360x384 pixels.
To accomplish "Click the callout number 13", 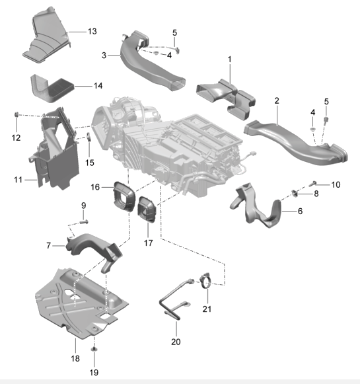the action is click(x=92, y=31).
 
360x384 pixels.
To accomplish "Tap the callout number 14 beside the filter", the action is click(x=98, y=86).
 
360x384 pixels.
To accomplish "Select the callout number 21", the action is click(x=207, y=309).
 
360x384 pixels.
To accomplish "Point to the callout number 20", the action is click(x=176, y=342).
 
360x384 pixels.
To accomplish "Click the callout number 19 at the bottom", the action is click(x=94, y=373).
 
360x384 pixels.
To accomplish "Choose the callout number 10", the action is click(x=336, y=184).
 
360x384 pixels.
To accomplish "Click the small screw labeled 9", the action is click(x=84, y=222).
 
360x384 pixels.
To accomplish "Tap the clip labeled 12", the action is click(x=17, y=114).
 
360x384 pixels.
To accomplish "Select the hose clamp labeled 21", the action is click(x=205, y=281).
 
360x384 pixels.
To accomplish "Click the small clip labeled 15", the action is click(x=89, y=137).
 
